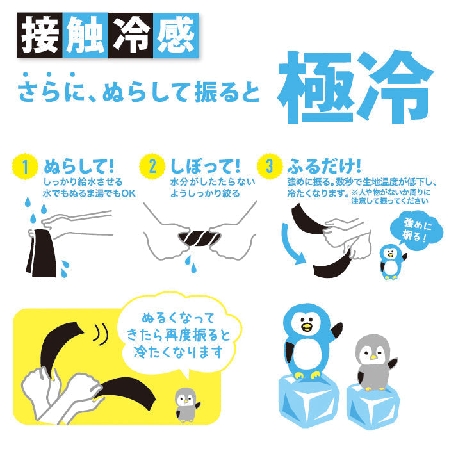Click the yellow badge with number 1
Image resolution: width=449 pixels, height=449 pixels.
(x=25, y=167)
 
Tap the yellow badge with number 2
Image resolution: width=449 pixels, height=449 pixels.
(x=152, y=167)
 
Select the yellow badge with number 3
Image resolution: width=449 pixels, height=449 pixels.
(x=270, y=167)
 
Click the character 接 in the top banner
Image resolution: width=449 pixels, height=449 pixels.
(x=40, y=35)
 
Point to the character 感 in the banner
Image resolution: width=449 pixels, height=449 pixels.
(x=176, y=35)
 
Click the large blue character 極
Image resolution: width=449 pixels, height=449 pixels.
(x=315, y=88)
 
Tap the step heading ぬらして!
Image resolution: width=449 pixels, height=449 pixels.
(x=79, y=167)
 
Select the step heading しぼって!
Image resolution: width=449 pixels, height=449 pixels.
(x=206, y=167)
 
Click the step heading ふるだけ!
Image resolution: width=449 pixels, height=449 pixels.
(x=324, y=167)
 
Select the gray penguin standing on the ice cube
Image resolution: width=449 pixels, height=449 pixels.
(x=374, y=363)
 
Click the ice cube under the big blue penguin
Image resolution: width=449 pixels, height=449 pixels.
(x=309, y=401)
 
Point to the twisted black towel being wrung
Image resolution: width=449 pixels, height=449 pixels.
(x=200, y=238)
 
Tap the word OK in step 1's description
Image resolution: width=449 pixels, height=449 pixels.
(x=128, y=193)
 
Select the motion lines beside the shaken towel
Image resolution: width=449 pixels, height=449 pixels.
(x=101, y=332)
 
